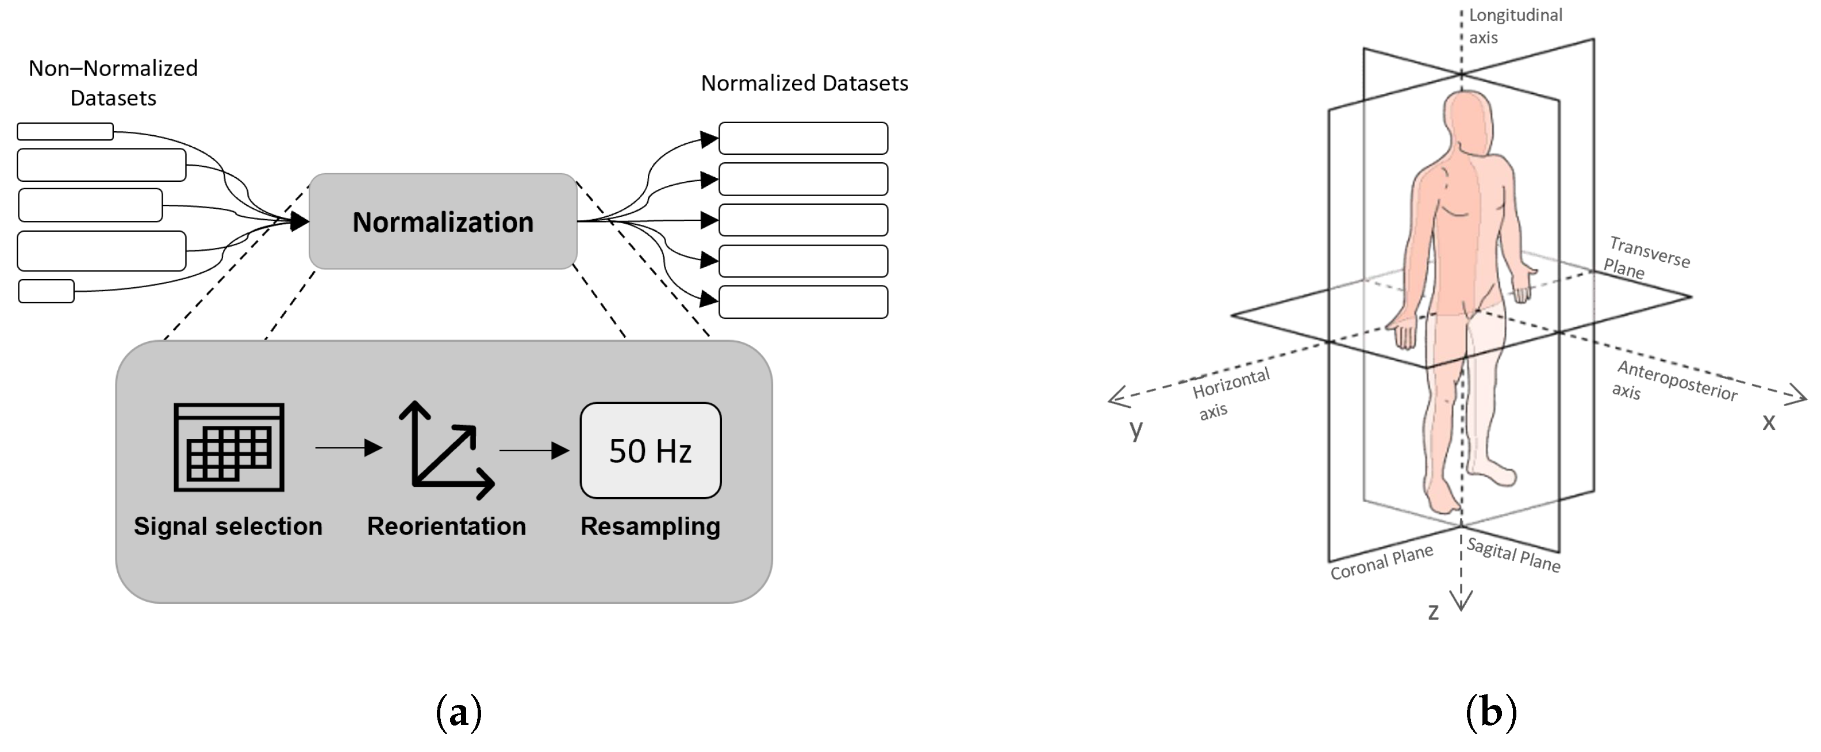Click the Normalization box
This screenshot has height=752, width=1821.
point(443,222)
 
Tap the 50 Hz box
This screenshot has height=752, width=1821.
point(650,451)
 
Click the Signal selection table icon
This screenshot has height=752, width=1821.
point(229,447)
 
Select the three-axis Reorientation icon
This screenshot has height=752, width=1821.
point(445,451)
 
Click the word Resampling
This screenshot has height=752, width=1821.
point(650,526)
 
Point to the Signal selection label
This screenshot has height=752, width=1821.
point(228,526)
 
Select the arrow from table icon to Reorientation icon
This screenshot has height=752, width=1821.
point(348,448)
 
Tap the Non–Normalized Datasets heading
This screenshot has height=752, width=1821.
point(113,83)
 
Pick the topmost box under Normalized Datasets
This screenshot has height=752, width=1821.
point(803,138)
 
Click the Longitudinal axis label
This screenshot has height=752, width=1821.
point(1514,26)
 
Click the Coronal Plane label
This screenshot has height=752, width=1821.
point(1381,562)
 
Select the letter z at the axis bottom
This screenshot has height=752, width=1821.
point(1433,611)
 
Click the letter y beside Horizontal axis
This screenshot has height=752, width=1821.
point(1135,428)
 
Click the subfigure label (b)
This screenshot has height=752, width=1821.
point(1490,712)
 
